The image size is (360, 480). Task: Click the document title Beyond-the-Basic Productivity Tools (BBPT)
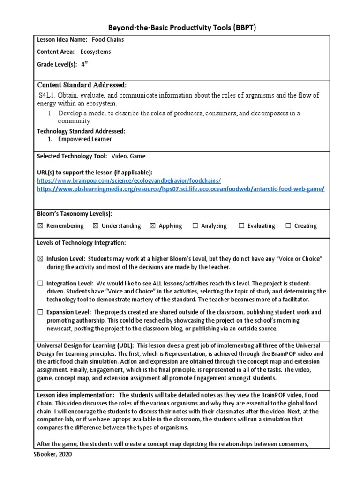coord(180,28)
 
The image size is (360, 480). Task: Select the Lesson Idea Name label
coord(62,40)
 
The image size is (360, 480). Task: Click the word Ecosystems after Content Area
coord(96,52)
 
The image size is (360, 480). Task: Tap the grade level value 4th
coord(85,65)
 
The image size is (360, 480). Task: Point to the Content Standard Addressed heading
coord(82,85)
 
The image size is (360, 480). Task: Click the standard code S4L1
coord(48,95)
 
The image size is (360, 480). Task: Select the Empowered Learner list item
coord(85,139)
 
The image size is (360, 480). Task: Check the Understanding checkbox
coord(96,226)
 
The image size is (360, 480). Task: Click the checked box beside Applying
coord(152,226)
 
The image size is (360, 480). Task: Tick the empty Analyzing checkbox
coord(195,226)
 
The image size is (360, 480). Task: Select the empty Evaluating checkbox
coord(241,226)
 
